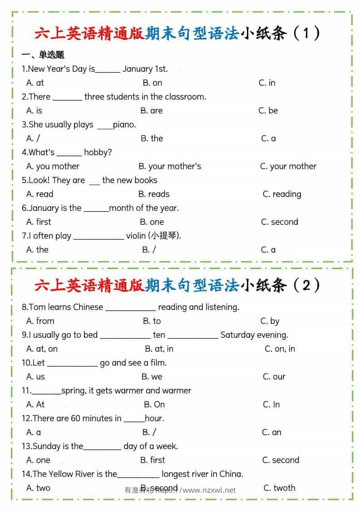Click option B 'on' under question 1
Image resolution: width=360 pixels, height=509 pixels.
pos(152,83)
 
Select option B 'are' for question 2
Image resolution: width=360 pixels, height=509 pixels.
pos(151,111)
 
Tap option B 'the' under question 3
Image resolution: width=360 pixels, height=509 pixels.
pos(152,138)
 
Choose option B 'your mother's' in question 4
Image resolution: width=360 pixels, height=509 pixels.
pos(169,166)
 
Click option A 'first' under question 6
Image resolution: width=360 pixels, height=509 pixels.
pos(39,222)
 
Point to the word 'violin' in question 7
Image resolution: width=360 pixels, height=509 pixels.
pos(136,235)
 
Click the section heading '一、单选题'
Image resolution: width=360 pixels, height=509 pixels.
pos(43,55)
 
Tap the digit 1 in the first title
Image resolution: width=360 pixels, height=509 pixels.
pos(305,33)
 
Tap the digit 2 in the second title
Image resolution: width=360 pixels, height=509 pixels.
pos(306,285)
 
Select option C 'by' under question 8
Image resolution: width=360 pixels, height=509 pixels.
pos(270,321)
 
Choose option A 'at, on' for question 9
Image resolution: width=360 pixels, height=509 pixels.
pos(42,349)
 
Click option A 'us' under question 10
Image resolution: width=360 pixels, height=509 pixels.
pos(36,377)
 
